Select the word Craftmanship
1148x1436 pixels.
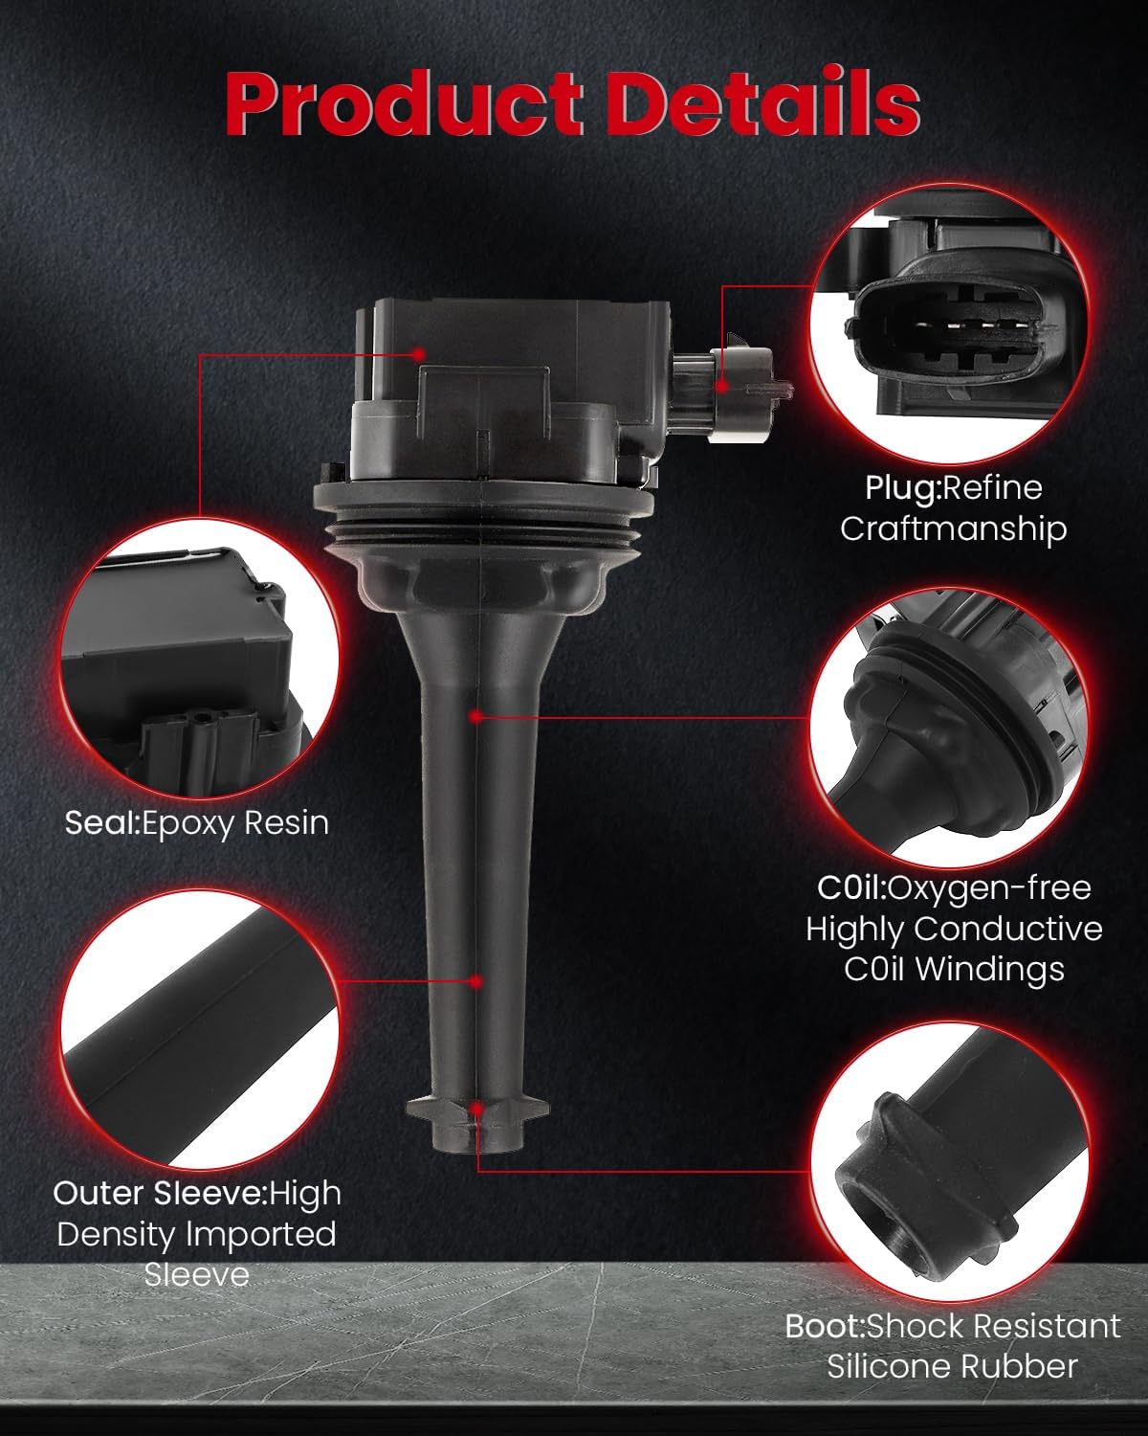tap(953, 528)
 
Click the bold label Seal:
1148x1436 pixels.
tap(102, 822)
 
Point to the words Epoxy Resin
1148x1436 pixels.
tap(235, 822)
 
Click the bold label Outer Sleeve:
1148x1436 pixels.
tap(161, 1193)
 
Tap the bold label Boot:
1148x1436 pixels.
tap(824, 1326)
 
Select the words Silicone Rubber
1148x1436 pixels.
tap(953, 1366)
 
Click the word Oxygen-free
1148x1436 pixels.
tap(990, 887)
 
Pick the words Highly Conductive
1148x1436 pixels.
tap(954, 929)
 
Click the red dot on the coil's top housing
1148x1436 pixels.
tap(418, 353)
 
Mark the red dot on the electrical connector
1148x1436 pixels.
tap(722, 386)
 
